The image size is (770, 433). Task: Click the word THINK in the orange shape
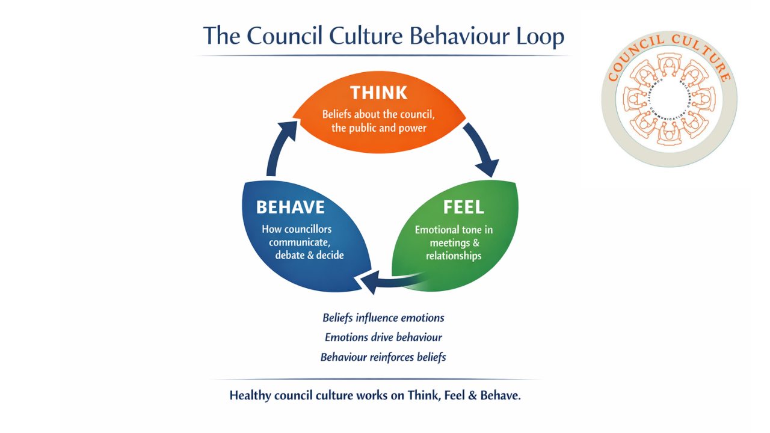(378, 93)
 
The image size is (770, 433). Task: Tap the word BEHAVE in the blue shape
(291, 207)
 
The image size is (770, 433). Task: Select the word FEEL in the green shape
(463, 207)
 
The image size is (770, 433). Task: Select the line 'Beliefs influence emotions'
(383, 318)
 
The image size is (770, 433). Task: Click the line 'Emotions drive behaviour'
(383, 337)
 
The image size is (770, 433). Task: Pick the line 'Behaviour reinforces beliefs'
(383, 357)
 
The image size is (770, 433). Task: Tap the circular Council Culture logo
(669, 99)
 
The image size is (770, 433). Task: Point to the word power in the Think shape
(412, 128)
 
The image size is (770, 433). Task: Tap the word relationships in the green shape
(454, 256)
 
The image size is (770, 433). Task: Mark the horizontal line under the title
(383, 56)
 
